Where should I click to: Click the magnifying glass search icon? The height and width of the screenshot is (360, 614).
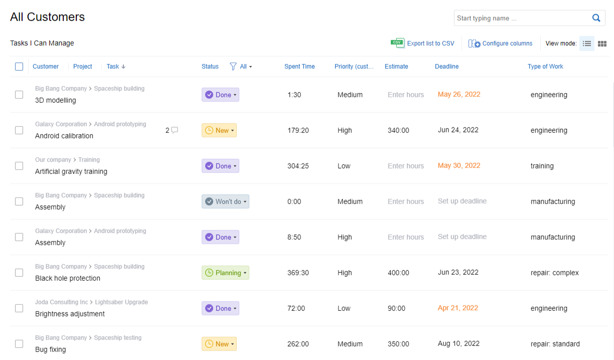click(596, 18)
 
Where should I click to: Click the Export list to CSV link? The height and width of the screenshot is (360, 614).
click(430, 44)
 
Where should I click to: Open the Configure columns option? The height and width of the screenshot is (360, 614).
click(507, 44)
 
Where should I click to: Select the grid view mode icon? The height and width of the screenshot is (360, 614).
click(602, 44)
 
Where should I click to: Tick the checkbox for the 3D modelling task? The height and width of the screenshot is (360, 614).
click(19, 95)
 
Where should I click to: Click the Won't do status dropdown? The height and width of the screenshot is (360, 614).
click(225, 202)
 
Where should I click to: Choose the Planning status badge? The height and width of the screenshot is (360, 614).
click(225, 273)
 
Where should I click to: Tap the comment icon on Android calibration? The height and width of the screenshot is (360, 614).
click(175, 130)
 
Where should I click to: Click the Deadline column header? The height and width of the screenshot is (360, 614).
click(446, 67)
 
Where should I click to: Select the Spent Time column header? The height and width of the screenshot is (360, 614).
click(299, 67)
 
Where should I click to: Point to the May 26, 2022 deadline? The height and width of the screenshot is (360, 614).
click(459, 94)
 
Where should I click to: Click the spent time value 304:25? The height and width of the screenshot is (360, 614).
click(298, 166)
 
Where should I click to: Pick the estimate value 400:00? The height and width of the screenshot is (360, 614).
click(398, 273)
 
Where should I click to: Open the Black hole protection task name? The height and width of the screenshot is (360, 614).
click(68, 278)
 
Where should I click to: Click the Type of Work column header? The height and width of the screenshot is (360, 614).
click(545, 67)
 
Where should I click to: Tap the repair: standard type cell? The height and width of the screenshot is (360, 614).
click(555, 344)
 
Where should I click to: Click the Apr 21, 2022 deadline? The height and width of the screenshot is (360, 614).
click(458, 308)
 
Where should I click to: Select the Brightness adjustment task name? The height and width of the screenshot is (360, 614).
click(70, 314)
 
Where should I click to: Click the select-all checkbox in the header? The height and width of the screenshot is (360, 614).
click(19, 67)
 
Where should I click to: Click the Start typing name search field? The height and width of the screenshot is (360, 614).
click(522, 18)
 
